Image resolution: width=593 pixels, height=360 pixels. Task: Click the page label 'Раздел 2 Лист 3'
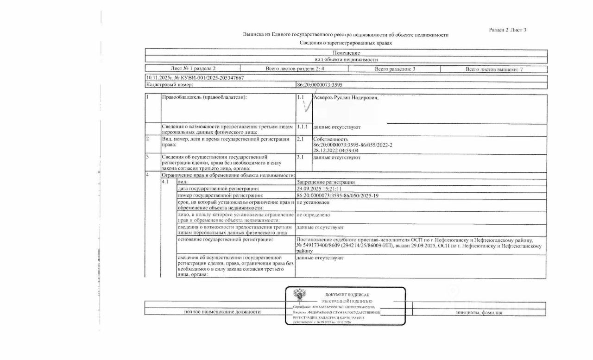click(507, 30)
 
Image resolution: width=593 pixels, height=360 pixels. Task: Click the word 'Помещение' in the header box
click(346, 53)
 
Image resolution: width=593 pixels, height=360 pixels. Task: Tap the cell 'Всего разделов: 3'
click(394, 69)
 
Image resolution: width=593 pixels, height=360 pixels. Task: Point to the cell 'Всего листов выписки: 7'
click(494, 69)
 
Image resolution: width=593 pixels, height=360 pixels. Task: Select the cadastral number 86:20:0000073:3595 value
click(320, 85)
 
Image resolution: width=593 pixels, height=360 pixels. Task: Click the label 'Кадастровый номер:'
click(166, 85)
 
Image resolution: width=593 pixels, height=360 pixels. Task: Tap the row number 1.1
click(301, 98)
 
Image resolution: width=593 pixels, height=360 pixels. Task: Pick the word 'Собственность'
click(330, 139)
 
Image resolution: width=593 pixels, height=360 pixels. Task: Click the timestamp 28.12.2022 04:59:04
click(336, 151)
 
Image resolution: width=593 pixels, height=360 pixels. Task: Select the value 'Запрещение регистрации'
click(326, 182)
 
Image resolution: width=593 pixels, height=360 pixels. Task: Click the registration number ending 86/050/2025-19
click(338, 196)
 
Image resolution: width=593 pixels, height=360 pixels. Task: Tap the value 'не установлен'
click(313, 202)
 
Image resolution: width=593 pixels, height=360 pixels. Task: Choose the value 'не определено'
click(313, 215)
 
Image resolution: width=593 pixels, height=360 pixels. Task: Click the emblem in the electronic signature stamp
click(299, 296)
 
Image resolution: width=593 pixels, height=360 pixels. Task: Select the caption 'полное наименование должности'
click(222, 312)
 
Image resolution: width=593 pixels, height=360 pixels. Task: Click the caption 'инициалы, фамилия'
click(479, 312)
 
